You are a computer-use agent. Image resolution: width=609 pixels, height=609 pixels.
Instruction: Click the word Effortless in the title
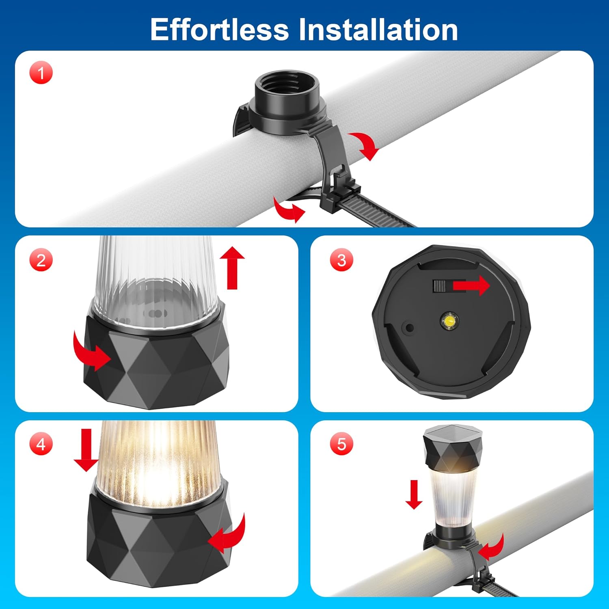pos(219,29)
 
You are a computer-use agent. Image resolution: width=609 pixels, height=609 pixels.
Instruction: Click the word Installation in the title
pos(378,29)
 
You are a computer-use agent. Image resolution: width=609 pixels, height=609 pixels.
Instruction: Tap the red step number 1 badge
pos(41,73)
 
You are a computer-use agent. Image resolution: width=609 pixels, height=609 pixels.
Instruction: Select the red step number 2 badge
pos(41,260)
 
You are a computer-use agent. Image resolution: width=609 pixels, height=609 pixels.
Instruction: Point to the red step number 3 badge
pos(341,260)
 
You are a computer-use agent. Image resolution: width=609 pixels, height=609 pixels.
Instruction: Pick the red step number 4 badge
pos(41,444)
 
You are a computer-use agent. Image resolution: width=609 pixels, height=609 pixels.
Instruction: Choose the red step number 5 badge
pos(341,444)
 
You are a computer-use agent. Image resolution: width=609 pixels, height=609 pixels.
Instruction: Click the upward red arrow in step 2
pos(232,268)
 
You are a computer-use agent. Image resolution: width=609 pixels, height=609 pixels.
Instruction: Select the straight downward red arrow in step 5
pos(414,495)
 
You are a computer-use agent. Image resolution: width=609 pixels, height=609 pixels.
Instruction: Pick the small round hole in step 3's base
pos(410,328)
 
